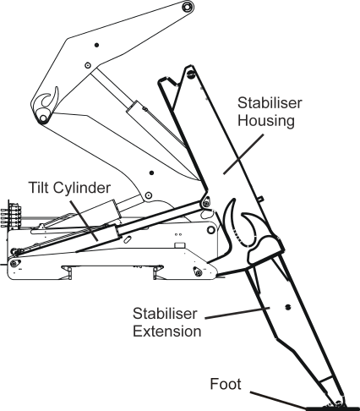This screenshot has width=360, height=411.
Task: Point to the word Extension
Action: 167,332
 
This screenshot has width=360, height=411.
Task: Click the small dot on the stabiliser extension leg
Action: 289,306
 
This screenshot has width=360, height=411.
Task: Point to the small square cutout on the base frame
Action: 178,246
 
